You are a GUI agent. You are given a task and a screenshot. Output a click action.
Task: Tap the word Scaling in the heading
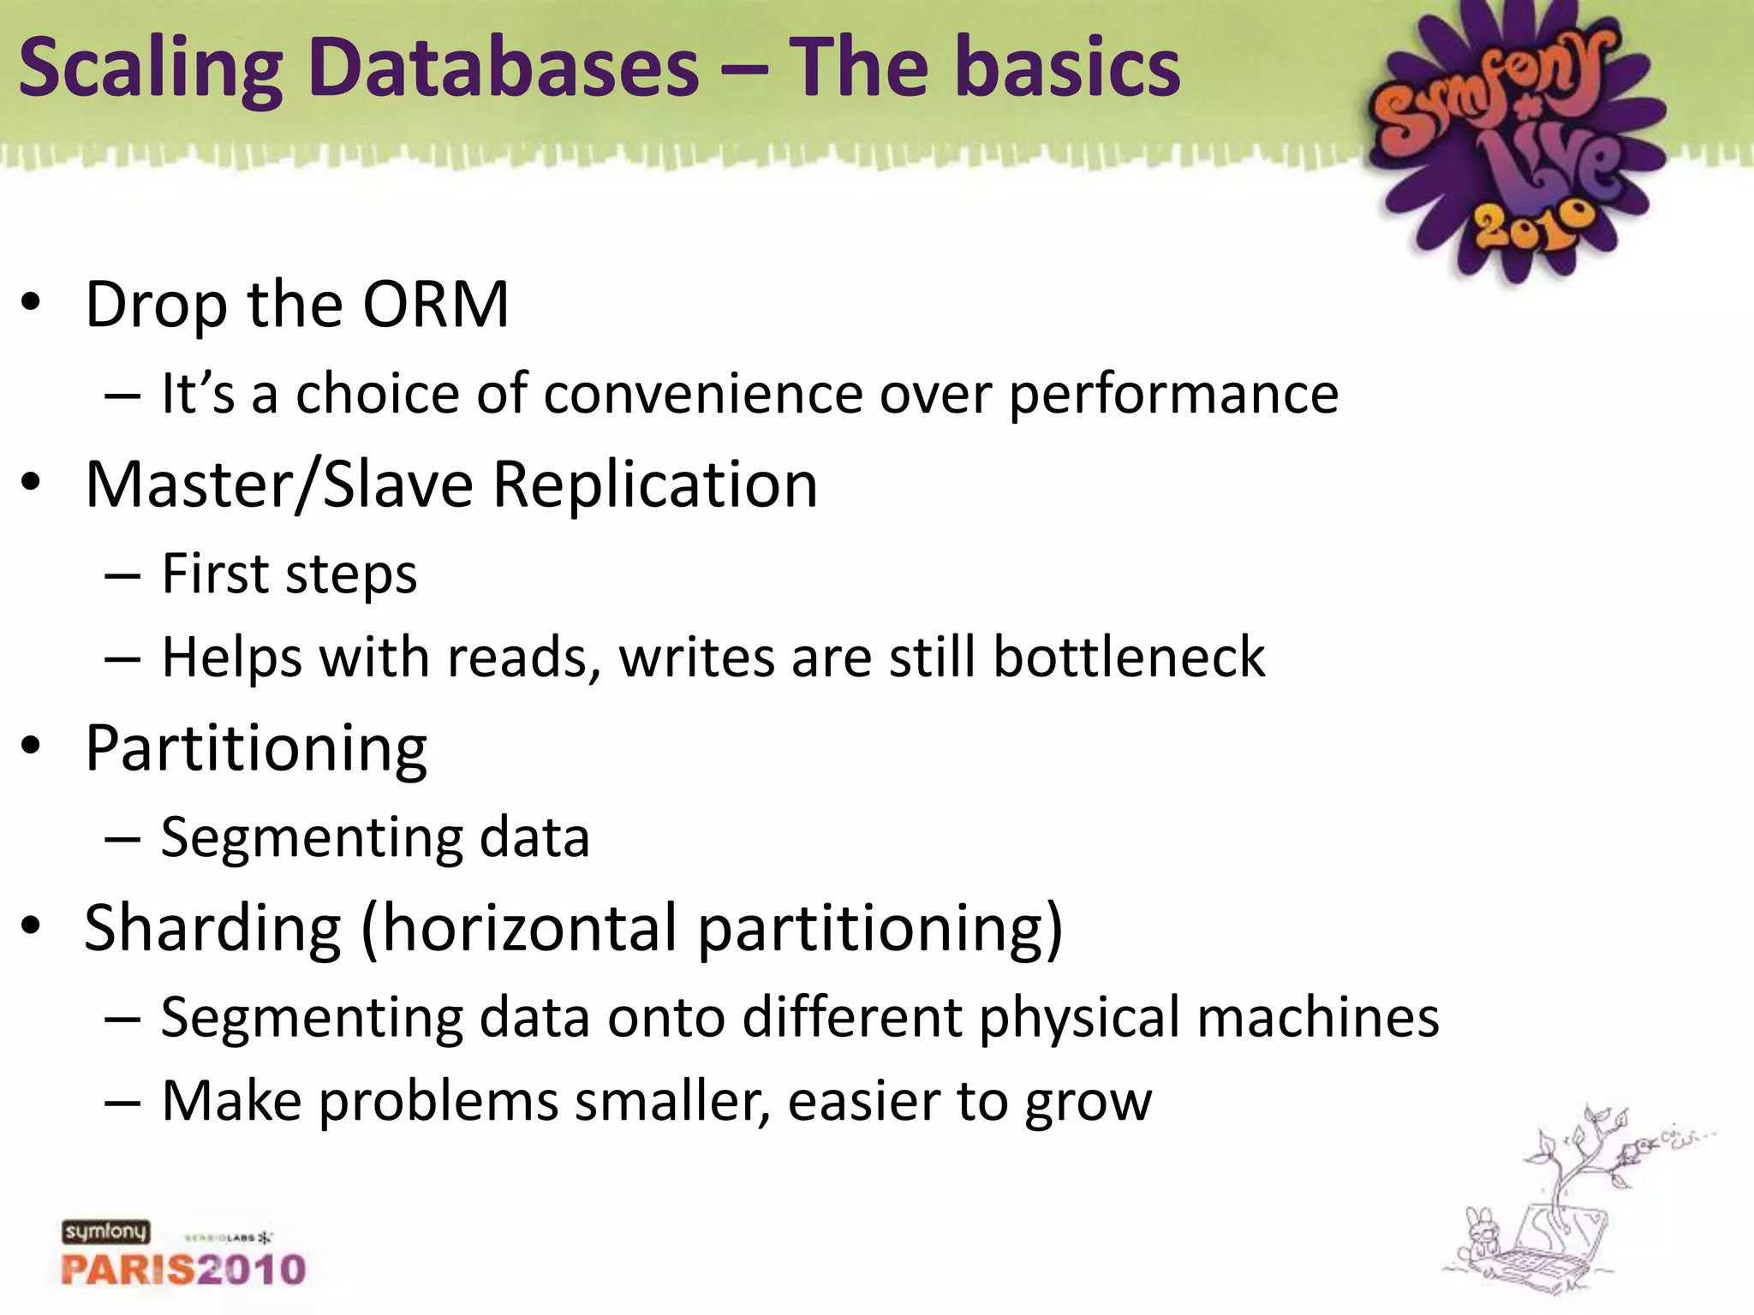pyautogui.click(x=151, y=68)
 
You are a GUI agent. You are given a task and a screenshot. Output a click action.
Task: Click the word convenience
pyautogui.click(x=702, y=394)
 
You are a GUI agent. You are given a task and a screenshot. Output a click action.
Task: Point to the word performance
pyautogui.click(x=1173, y=396)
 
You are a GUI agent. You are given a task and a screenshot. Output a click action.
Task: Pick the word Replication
pyautogui.click(x=655, y=485)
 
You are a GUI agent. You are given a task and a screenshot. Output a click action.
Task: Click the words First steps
pyautogui.click(x=289, y=574)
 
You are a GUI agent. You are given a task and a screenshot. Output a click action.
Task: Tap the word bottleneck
pyautogui.click(x=1129, y=657)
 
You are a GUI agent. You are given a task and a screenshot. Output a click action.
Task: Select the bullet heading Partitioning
pyautogui.click(x=256, y=749)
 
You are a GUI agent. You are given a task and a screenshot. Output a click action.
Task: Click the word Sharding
pyautogui.click(x=213, y=929)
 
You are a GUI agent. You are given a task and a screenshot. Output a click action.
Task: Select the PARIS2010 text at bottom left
pyautogui.click(x=183, y=1269)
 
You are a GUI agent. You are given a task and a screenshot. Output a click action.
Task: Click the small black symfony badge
pyautogui.click(x=105, y=1231)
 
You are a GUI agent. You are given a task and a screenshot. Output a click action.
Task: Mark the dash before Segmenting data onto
pyautogui.click(x=122, y=1019)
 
